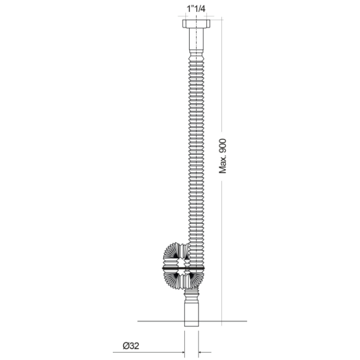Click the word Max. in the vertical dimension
pyautogui.click(x=223, y=161)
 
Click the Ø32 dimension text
pyautogui.click(x=132, y=346)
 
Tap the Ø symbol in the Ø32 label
pyautogui.click(x=125, y=346)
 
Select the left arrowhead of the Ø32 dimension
pyautogui.click(x=181, y=352)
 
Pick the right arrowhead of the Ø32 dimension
pyautogui.click(x=203, y=352)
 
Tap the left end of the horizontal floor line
pyautogui.click(x=139, y=321)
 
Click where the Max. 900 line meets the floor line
pyautogui.click(x=223, y=321)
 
